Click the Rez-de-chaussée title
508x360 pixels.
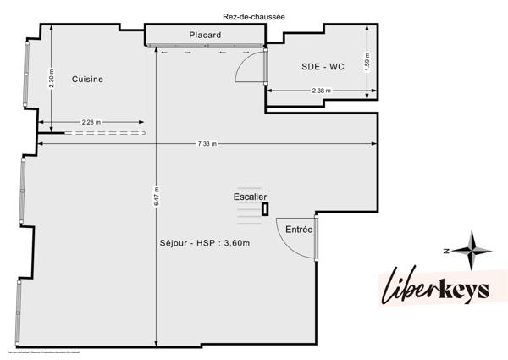254,14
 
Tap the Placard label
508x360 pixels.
205,35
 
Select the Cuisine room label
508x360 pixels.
87,80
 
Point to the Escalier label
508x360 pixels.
251,197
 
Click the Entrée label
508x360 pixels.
299,230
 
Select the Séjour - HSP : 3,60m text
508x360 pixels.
210,244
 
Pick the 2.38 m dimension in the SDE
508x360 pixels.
321,91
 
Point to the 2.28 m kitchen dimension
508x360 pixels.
91,123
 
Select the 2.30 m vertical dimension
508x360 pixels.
52,80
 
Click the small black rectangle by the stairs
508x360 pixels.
265,209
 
